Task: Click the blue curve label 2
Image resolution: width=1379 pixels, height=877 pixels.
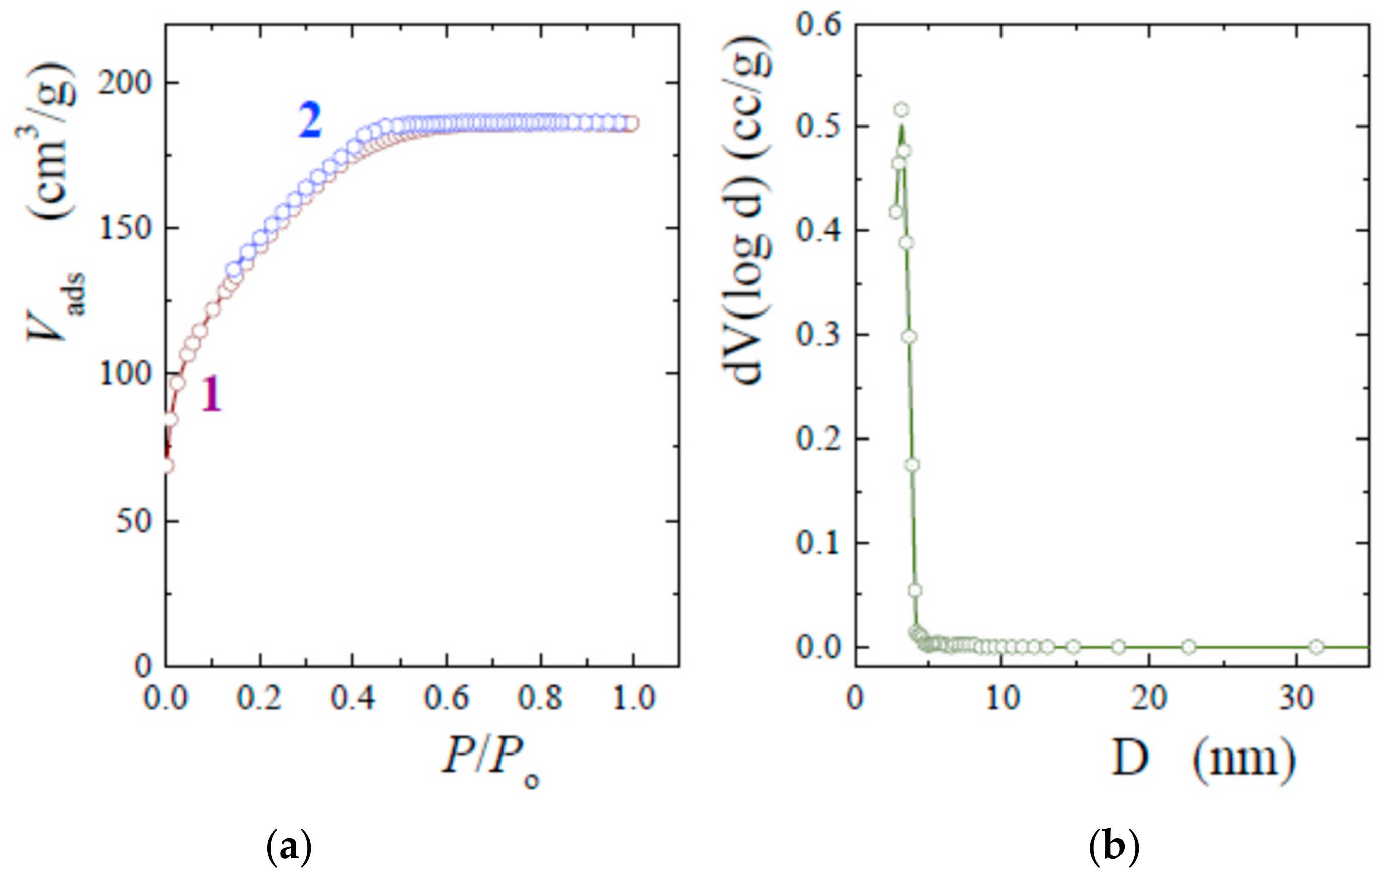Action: pyautogui.click(x=310, y=121)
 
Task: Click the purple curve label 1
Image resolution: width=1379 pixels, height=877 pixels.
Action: pyautogui.click(x=211, y=395)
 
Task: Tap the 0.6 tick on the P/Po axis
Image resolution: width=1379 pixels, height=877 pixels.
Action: pyautogui.click(x=447, y=698)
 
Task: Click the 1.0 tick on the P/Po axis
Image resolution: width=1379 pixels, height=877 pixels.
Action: pyautogui.click(x=634, y=698)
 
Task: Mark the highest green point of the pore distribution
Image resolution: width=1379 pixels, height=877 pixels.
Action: pyautogui.click(x=901, y=109)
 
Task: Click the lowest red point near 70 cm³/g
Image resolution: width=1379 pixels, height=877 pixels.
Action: pyautogui.click(x=167, y=466)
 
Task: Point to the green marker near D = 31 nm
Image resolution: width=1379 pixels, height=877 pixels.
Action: pyautogui.click(x=1317, y=647)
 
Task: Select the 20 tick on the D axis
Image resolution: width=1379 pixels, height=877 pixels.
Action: pyautogui.click(x=1149, y=698)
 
